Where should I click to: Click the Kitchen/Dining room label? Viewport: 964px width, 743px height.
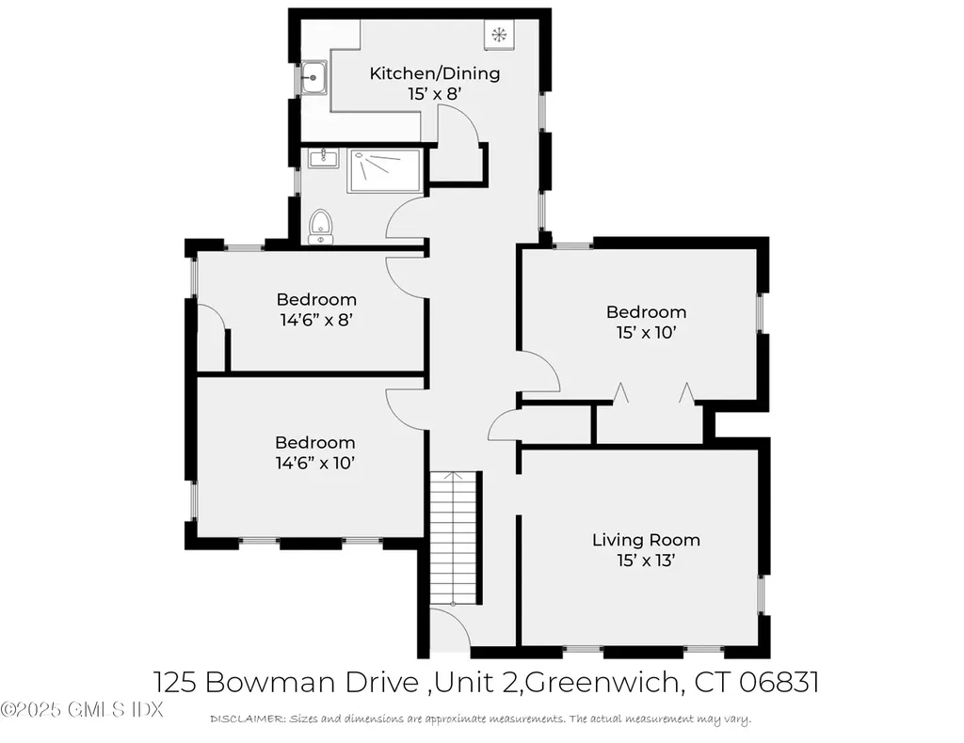tap(434, 73)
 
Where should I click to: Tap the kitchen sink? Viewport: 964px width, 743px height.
tap(313, 78)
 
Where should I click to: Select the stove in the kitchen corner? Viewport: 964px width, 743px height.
tap(498, 35)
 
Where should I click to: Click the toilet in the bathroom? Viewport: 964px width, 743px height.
tap(321, 226)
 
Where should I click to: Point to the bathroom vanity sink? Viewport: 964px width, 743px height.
tap(323, 156)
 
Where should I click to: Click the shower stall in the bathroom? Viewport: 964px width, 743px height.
tap(384, 171)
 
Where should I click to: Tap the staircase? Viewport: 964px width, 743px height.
tap(456, 538)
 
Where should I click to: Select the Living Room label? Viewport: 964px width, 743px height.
tap(646, 540)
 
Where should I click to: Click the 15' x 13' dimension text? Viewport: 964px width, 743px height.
tap(646, 561)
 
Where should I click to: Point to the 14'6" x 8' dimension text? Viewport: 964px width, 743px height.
tap(316, 320)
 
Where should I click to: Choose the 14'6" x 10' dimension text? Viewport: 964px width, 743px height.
tap(315, 463)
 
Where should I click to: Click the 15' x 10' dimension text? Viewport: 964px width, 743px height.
tap(646, 333)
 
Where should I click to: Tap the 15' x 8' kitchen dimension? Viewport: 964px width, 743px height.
tap(434, 94)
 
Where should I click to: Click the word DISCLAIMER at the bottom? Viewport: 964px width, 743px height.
tap(247, 719)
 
